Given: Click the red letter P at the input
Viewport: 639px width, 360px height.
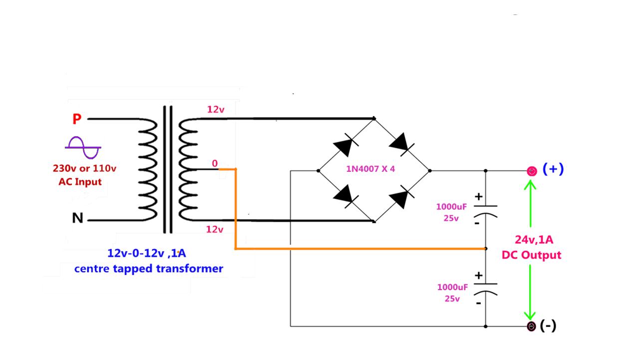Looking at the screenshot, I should tap(77, 119).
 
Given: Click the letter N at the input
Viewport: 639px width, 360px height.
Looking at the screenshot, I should tap(77, 219).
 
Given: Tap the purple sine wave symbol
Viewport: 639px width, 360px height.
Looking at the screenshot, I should tap(83, 147).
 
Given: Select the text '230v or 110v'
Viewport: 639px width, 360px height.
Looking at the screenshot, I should tap(84, 168).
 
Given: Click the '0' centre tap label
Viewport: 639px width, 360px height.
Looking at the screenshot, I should tap(215, 163).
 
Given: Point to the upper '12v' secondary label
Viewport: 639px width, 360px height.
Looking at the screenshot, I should tap(216, 109).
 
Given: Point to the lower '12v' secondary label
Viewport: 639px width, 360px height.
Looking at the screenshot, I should tap(215, 229).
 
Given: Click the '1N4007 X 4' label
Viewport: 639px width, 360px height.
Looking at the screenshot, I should tap(371, 169).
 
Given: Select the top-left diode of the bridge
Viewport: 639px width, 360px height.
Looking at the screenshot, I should tap(345, 145).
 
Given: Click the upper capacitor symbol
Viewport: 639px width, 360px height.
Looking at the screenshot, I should tap(485, 210).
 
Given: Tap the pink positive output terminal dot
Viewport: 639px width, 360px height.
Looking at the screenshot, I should tap(532, 171).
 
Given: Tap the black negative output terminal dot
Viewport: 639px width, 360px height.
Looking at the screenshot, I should tap(532, 327).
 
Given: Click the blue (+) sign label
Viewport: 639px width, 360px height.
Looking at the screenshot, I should tap(553, 169).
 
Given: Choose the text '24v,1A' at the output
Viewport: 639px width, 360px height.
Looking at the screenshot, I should tap(534, 240).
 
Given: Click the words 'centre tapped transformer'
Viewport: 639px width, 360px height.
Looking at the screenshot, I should tap(149, 269).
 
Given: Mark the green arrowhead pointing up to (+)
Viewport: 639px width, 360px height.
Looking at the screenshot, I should tap(530, 186).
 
